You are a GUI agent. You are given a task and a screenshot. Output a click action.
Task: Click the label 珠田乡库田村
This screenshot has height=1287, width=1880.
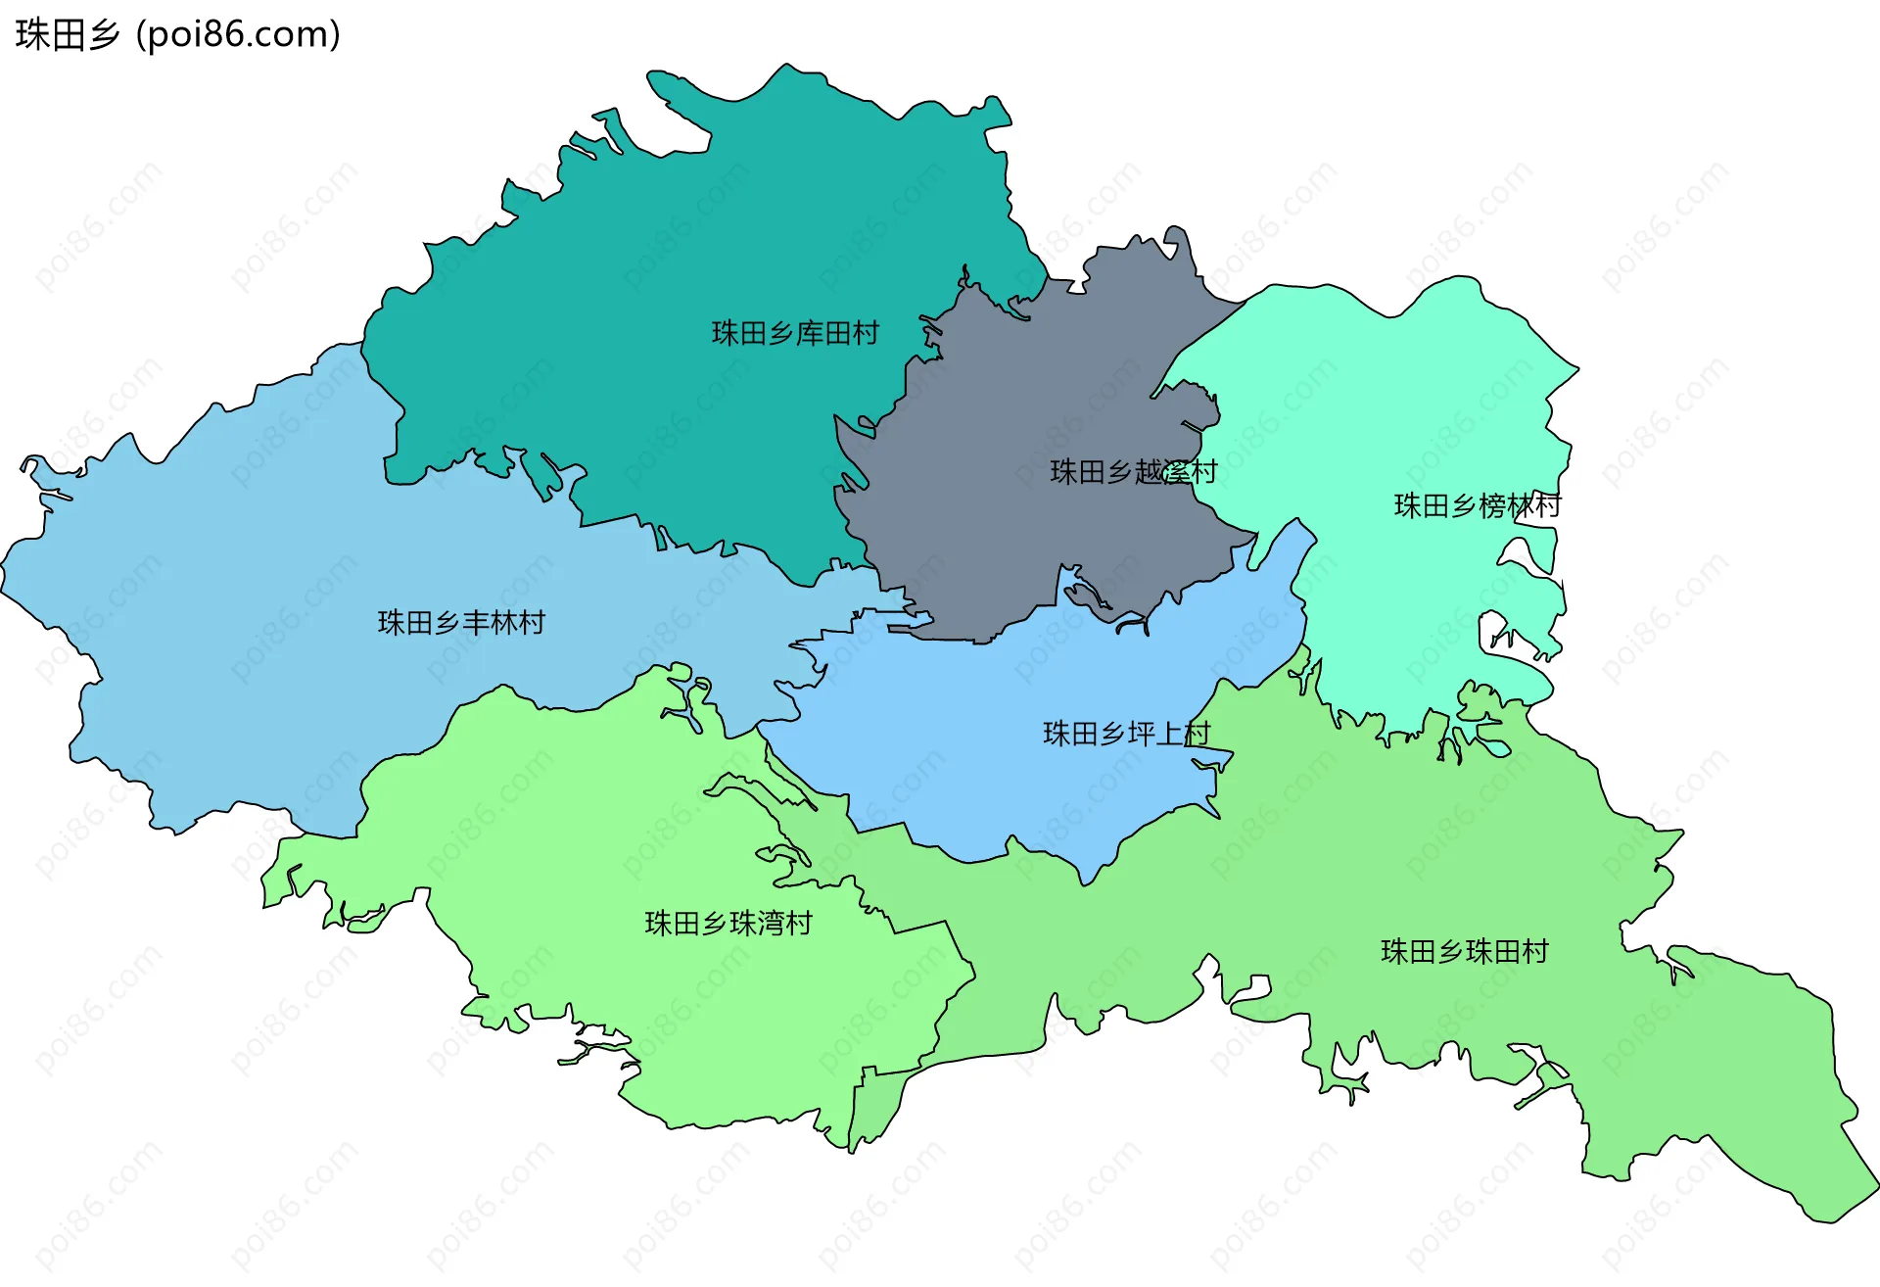coord(795,334)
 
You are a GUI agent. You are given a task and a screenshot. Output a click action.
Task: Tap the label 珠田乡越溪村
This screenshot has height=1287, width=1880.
coord(1133,472)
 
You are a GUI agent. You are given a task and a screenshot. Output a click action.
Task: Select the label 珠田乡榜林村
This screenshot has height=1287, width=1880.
coord(1478,506)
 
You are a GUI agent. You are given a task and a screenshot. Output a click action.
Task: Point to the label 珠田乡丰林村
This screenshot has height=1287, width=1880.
coord(461,623)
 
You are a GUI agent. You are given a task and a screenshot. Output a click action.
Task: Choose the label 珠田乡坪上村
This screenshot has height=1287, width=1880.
coord(1126,734)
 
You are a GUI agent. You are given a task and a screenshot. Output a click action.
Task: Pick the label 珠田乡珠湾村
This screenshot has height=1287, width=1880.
coord(728,924)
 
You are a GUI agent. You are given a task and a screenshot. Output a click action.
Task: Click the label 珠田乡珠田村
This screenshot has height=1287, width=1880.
coord(1465,952)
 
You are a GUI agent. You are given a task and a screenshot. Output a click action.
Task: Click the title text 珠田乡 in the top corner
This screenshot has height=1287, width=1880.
coord(68,34)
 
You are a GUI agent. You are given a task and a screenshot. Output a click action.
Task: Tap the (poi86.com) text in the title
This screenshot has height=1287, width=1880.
coord(239,34)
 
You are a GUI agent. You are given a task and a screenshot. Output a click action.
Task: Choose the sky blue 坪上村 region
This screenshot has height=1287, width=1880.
coord(979,744)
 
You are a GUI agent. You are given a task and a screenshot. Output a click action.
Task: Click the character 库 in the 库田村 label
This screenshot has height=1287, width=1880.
coord(809,334)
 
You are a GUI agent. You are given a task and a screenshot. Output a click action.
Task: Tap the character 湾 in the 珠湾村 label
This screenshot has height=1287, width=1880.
coord(771,924)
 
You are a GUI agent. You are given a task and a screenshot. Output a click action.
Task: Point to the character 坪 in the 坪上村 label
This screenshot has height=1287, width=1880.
coord(1141,734)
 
